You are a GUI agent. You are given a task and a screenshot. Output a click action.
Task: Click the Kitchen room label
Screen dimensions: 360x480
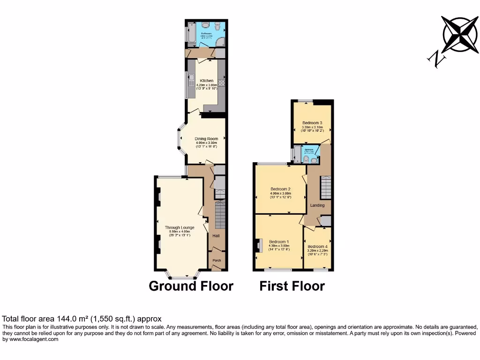coord(207,81)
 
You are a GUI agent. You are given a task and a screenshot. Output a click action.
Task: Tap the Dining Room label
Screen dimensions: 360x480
coord(207,139)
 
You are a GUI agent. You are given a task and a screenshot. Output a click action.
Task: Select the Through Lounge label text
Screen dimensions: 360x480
coord(180,228)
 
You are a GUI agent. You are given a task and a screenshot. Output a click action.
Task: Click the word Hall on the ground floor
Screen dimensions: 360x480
coord(217,236)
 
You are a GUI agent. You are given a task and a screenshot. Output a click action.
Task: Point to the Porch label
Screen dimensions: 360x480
coord(217,261)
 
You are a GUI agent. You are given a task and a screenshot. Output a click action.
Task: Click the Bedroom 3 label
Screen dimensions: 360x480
coord(312,123)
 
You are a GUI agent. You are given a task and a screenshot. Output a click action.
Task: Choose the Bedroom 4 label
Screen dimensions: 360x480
coord(317,247)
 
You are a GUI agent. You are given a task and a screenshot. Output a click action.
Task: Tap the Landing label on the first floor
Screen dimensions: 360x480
coord(317,205)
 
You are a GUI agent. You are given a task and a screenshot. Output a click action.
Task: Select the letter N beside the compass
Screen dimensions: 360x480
coord(436,59)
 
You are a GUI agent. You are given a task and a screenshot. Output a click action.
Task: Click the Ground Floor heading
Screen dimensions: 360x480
coord(191,286)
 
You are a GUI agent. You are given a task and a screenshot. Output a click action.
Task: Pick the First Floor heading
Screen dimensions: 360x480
coord(292,286)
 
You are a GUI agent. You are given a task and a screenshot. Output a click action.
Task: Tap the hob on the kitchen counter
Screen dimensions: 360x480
coord(222,83)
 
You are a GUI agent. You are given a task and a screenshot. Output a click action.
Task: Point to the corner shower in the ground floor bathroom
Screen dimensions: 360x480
coord(220,41)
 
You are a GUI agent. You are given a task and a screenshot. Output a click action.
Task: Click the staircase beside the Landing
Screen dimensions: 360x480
coord(325,187)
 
